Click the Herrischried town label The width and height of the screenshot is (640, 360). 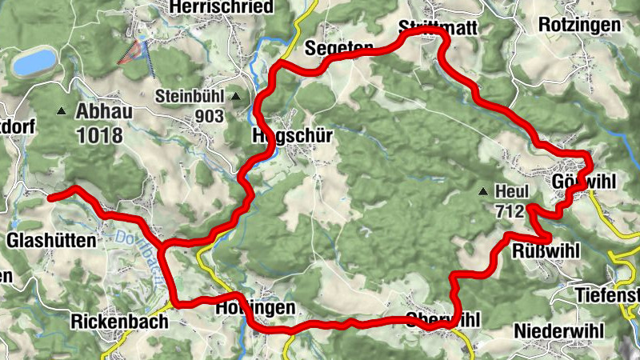pyautogui.click(x=222, y=7)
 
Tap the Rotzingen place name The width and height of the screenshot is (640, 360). pyautogui.click(x=579, y=25)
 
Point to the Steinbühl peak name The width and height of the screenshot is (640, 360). pyautogui.click(x=192, y=96)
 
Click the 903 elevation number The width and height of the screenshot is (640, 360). pyautogui.click(x=209, y=116)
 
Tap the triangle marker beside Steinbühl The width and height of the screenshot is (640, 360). pyautogui.click(x=236, y=97)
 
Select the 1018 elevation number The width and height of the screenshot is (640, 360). pyautogui.click(x=100, y=134)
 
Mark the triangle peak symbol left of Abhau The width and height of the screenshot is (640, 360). pyautogui.click(x=62, y=111)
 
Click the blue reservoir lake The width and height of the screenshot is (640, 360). pyautogui.click(x=34, y=61)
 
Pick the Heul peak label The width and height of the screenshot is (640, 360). pyautogui.click(x=513, y=191)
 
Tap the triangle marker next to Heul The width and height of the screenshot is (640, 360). pyautogui.click(x=483, y=191)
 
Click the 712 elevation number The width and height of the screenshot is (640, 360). pyautogui.click(x=509, y=211)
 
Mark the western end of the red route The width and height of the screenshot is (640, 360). pyautogui.click(x=50, y=197)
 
